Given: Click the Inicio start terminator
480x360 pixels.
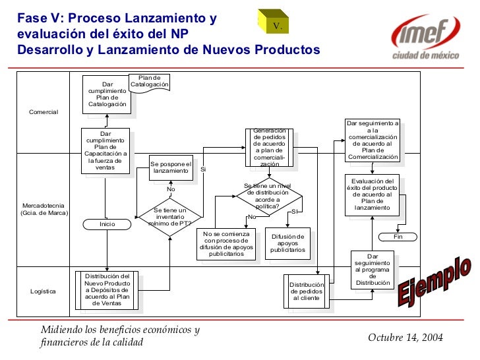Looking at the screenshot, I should coord(107,224).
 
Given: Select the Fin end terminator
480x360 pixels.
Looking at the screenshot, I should coord(398,237).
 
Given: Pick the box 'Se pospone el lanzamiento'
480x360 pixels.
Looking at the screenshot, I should coord(170,167).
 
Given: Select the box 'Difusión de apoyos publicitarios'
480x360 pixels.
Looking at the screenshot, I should coord(287,243).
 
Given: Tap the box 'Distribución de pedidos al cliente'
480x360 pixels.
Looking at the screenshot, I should coord(307,290).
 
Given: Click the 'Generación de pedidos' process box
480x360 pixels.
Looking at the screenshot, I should coord(269,147).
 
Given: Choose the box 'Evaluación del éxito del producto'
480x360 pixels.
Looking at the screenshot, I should coord(373,195).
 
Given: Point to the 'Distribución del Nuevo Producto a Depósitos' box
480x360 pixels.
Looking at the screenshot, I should coord(107,289).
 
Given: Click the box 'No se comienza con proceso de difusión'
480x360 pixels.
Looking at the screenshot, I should coord(226,244).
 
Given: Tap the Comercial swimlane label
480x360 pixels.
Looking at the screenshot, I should coord(44,112).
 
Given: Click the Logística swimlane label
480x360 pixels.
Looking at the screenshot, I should coord(44,291).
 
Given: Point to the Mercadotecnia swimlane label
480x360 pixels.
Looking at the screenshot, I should coord(44,209).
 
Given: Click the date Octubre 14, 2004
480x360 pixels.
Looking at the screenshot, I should coord(405,338).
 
